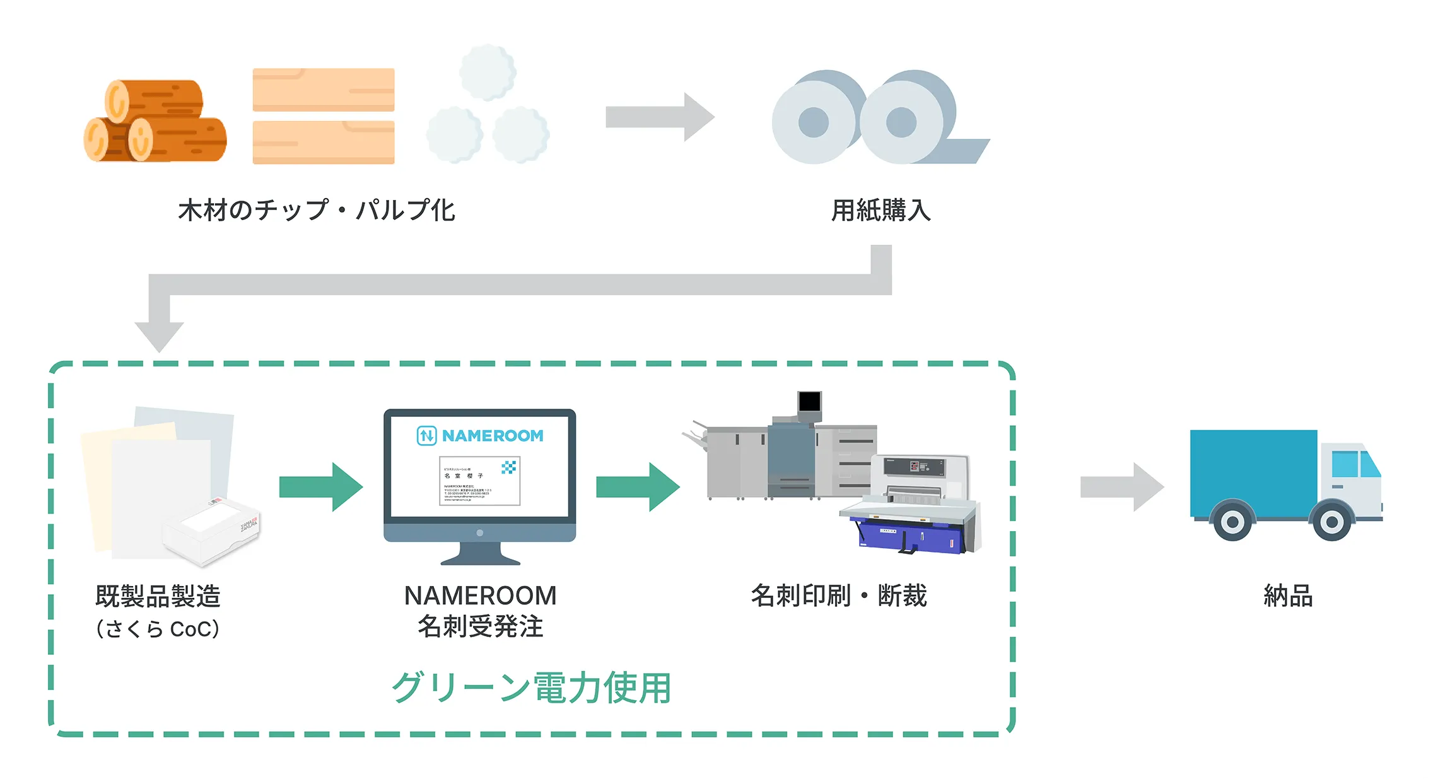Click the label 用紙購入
pyautogui.click(x=880, y=211)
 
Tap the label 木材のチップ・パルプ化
pyautogui.click(x=316, y=211)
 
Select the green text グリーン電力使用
pyautogui.click(x=531, y=688)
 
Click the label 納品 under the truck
pyautogui.click(x=1288, y=596)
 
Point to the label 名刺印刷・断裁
pyautogui.click(x=838, y=596)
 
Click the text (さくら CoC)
pyautogui.click(x=158, y=629)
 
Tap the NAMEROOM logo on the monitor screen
pyautogui.click(x=480, y=436)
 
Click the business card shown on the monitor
pyautogui.click(x=479, y=481)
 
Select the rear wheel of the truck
pyautogui.click(x=1232, y=521)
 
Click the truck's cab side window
pyautogui.click(x=1344, y=464)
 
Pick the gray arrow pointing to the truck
pyautogui.click(x=1121, y=487)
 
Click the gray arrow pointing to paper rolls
pyautogui.click(x=659, y=117)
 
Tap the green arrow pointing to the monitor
pyautogui.click(x=320, y=487)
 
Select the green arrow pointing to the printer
pyautogui.click(x=637, y=487)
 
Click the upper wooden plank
pyautogui.click(x=323, y=90)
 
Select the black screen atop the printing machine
pyautogui.click(x=809, y=401)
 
